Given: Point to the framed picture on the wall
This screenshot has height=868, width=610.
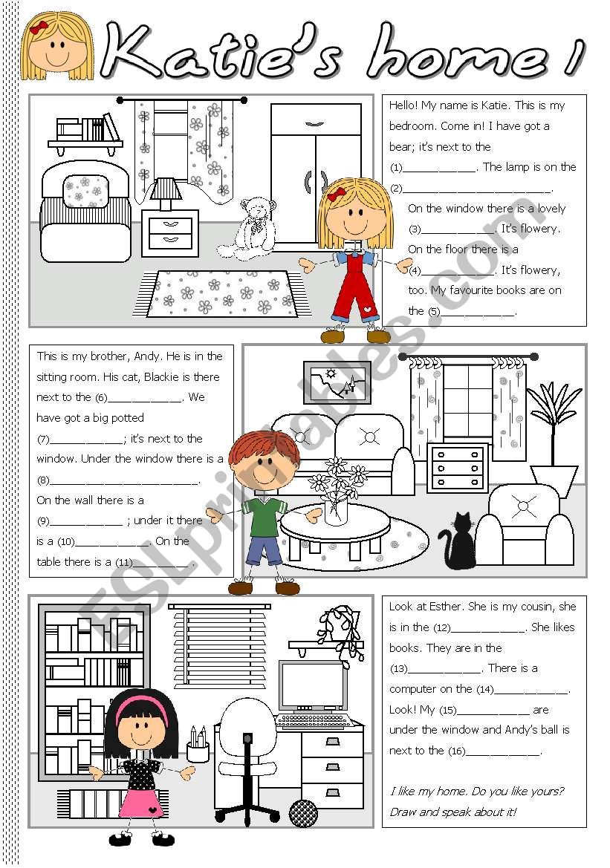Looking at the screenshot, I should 337,382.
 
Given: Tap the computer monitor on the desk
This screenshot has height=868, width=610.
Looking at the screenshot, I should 312,687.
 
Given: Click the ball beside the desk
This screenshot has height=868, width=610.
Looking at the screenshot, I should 303,812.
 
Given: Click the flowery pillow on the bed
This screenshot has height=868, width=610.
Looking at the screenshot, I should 86,191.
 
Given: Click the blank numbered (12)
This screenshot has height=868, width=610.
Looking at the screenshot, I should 489,627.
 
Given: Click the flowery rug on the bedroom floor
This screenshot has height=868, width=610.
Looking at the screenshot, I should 223,293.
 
